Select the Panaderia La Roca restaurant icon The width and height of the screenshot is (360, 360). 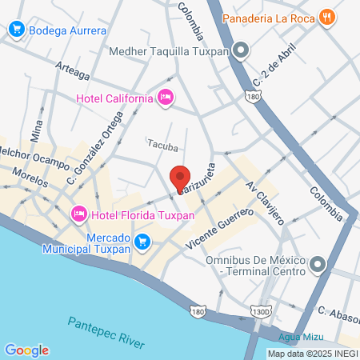click(x=326, y=17)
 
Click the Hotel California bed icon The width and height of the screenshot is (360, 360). click(x=166, y=98)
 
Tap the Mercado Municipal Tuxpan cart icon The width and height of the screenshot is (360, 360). click(x=142, y=241)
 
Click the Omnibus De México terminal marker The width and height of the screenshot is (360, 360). click(x=318, y=264)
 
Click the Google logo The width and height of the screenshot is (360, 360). click(x=26, y=350)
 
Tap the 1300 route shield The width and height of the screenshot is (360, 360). click(x=256, y=310)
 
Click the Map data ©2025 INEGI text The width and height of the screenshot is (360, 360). click(x=312, y=354)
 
